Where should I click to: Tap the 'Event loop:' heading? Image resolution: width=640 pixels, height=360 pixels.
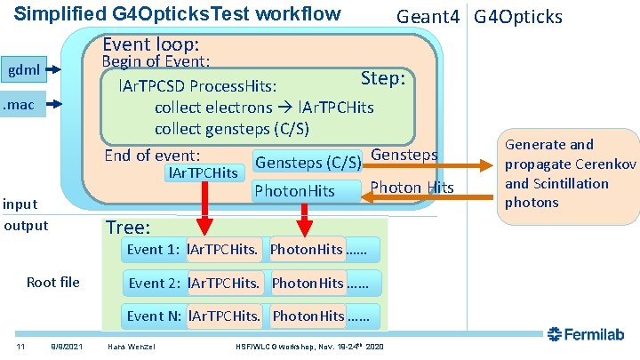150,44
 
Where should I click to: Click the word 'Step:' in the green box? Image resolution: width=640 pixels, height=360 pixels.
383,78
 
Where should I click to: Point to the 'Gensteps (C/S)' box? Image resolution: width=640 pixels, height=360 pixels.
308,163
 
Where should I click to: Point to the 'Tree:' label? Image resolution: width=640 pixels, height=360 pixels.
128,228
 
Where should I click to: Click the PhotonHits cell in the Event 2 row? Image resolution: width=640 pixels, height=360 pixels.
308,283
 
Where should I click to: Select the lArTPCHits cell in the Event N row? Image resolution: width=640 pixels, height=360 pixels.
226,316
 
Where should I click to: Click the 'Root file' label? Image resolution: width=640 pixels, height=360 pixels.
53,283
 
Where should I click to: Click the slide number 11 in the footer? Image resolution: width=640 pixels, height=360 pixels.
19,345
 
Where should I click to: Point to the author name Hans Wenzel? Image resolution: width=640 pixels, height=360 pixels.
130,345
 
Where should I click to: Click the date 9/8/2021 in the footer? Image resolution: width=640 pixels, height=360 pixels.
67,345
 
